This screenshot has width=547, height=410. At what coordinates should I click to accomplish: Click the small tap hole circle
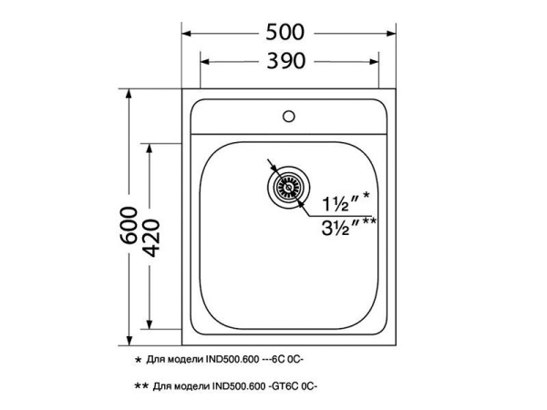(x=289, y=116)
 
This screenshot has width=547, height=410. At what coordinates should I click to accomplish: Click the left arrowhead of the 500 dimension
(x=187, y=34)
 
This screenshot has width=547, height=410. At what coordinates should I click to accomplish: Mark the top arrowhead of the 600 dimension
(x=129, y=94)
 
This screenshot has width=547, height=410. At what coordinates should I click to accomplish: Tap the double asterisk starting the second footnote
(x=140, y=386)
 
